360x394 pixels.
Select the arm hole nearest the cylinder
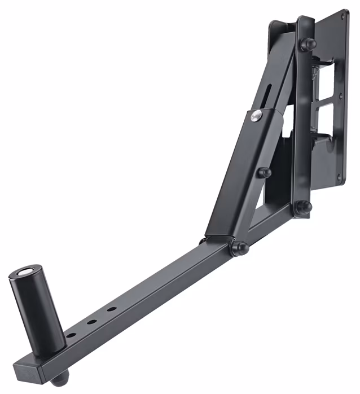(x=72, y=335)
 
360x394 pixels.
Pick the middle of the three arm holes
(x=90, y=323)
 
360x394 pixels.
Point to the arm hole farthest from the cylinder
(x=112, y=309)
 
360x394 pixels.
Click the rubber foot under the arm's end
(x=63, y=375)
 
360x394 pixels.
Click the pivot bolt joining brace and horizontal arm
(x=239, y=247)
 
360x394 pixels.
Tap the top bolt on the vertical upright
(x=309, y=45)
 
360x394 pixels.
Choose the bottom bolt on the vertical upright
(x=303, y=207)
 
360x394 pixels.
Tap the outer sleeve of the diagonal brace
(x=237, y=175)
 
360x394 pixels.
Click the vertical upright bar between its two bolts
(x=304, y=124)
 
